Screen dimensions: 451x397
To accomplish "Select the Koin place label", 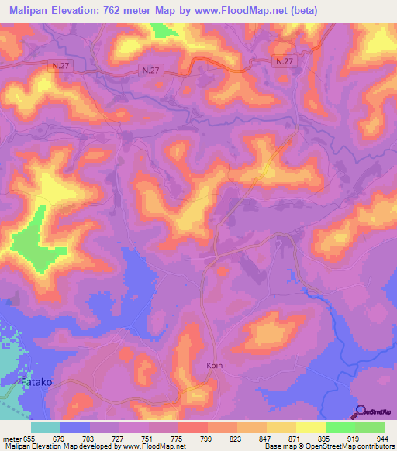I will click(216, 365).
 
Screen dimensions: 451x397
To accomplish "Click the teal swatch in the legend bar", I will click(46, 427).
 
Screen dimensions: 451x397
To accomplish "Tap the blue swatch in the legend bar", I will click(75, 427).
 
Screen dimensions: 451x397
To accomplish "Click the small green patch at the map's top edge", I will click(161, 29).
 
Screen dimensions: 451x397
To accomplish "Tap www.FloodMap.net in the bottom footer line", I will click(155, 446).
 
